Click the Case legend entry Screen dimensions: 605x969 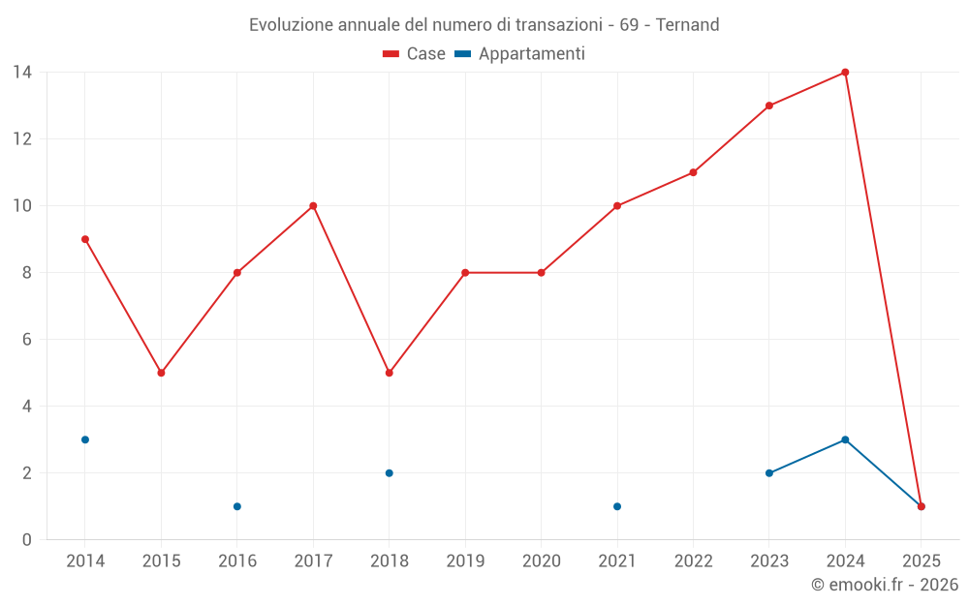pos(415,54)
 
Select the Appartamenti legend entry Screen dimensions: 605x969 pos(520,54)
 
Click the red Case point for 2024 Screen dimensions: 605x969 pos(845,73)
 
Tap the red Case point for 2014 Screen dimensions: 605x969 pos(85,239)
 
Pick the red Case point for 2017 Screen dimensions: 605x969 pos(313,206)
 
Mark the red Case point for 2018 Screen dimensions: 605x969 pos(389,373)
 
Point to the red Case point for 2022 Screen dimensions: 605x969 pos(693,172)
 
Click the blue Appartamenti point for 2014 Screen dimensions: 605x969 pos(85,439)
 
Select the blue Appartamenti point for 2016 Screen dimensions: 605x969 pos(237,506)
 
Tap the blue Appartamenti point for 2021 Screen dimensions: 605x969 pos(617,506)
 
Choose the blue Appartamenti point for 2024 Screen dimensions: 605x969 pos(845,439)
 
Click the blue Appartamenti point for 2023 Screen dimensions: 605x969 pos(769,473)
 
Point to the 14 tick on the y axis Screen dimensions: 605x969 pos(22,73)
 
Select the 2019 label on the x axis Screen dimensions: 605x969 pos(465,561)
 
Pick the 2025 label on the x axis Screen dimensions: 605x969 pos(922,561)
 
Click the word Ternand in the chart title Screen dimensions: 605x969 pos(688,25)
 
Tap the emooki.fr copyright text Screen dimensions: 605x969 pos(885,585)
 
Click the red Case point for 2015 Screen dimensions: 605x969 pos(161,373)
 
